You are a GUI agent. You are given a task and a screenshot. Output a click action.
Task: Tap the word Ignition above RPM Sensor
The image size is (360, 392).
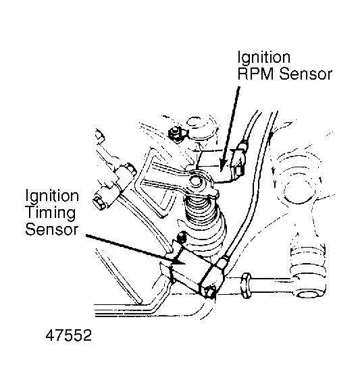point(264,58)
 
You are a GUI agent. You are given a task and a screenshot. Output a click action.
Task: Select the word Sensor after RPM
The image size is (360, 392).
point(305,74)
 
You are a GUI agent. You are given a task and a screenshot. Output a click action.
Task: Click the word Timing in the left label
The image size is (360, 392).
point(51,213)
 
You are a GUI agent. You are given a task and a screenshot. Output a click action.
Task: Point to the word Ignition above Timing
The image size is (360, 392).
point(52,196)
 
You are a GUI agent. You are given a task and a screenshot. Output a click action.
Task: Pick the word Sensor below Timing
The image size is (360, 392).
point(52,229)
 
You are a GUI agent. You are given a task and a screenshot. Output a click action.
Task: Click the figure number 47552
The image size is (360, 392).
point(69,335)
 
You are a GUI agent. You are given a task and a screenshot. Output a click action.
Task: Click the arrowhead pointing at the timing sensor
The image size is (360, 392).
point(179,260)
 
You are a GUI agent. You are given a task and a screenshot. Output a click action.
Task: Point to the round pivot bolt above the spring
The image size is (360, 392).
point(195,181)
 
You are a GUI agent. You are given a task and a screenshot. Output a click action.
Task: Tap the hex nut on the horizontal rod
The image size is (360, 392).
point(246,286)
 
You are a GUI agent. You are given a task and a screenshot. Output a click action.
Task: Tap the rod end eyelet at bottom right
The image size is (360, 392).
point(309,285)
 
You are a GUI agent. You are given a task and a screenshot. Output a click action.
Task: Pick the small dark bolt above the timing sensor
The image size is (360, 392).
point(181,237)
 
